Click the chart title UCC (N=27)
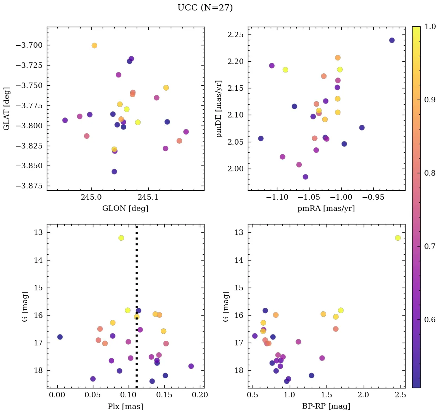pyautogui.click(x=205, y=8)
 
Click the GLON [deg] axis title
pyautogui.click(x=125, y=209)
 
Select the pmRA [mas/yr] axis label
pyautogui.click(x=326, y=209)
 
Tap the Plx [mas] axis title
pyautogui.click(x=125, y=406)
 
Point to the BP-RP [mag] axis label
pyautogui.click(x=326, y=406)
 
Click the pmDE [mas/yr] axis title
pyautogui.click(x=220, y=109)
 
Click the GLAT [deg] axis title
pyautogui.click(x=7, y=109)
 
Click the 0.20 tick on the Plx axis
pyautogui.click(x=201, y=395)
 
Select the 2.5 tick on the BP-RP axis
pyautogui.click(x=400, y=395)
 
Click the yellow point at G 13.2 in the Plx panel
pyautogui.click(x=121, y=238)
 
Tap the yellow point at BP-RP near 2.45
pyautogui.click(x=398, y=238)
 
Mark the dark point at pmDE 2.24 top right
pyautogui.click(x=392, y=40)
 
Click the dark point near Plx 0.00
pyautogui.click(x=60, y=337)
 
